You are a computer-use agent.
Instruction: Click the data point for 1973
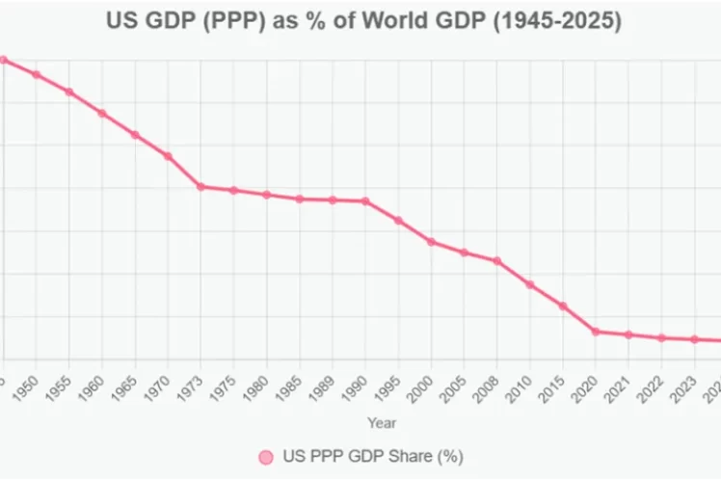tap(200, 186)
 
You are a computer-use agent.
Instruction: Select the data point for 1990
tap(365, 200)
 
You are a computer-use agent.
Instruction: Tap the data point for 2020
tap(596, 332)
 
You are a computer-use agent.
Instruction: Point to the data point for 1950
tap(37, 74)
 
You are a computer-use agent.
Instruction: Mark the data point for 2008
tap(497, 260)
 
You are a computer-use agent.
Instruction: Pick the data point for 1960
tap(102, 113)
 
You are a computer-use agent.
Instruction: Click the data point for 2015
tap(563, 306)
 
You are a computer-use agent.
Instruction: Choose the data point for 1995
tap(398, 220)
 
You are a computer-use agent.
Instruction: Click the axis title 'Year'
tap(381, 422)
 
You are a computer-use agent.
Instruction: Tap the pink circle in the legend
tap(266, 456)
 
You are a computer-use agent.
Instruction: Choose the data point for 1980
tap(267, 195)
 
